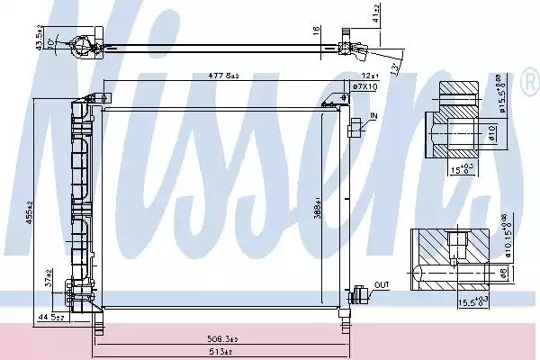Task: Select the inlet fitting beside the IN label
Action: tap(360, 128)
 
